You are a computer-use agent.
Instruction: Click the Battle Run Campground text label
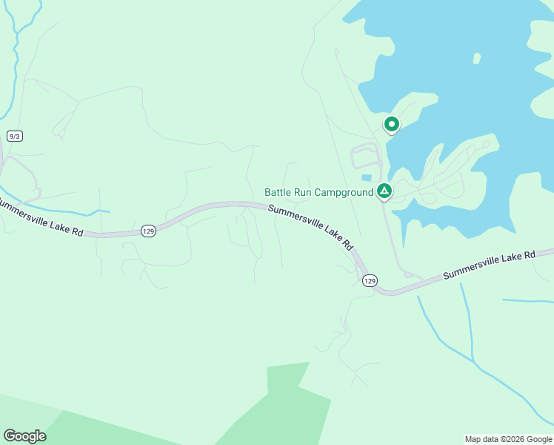(x=319, y=193)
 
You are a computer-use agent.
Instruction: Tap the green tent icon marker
(x=384, y=192)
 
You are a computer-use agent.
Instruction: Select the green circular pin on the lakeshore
(x=391, y=125)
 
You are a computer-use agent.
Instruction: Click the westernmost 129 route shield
(x=149, y=231)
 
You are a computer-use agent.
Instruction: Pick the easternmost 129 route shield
(x=370, y=280)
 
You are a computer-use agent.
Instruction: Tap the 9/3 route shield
(x=14, y=136)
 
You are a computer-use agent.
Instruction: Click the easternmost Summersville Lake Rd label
(x=489, y=265)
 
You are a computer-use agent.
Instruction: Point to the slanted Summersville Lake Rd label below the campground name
(x=311, y=227)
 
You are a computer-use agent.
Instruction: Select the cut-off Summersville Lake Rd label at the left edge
(x=41, y=217)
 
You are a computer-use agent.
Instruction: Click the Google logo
(x=24, y=436)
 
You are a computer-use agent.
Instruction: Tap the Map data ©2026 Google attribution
(x=508, y=439)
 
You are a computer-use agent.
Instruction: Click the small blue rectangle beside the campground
(x=366, y=177)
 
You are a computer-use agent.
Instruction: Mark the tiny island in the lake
(x=476, y=58)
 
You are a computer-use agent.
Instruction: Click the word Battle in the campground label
(x=278, y=193)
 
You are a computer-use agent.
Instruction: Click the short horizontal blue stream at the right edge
(x=527, y=301)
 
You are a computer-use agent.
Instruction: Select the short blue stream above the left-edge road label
(x=89, y=211)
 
